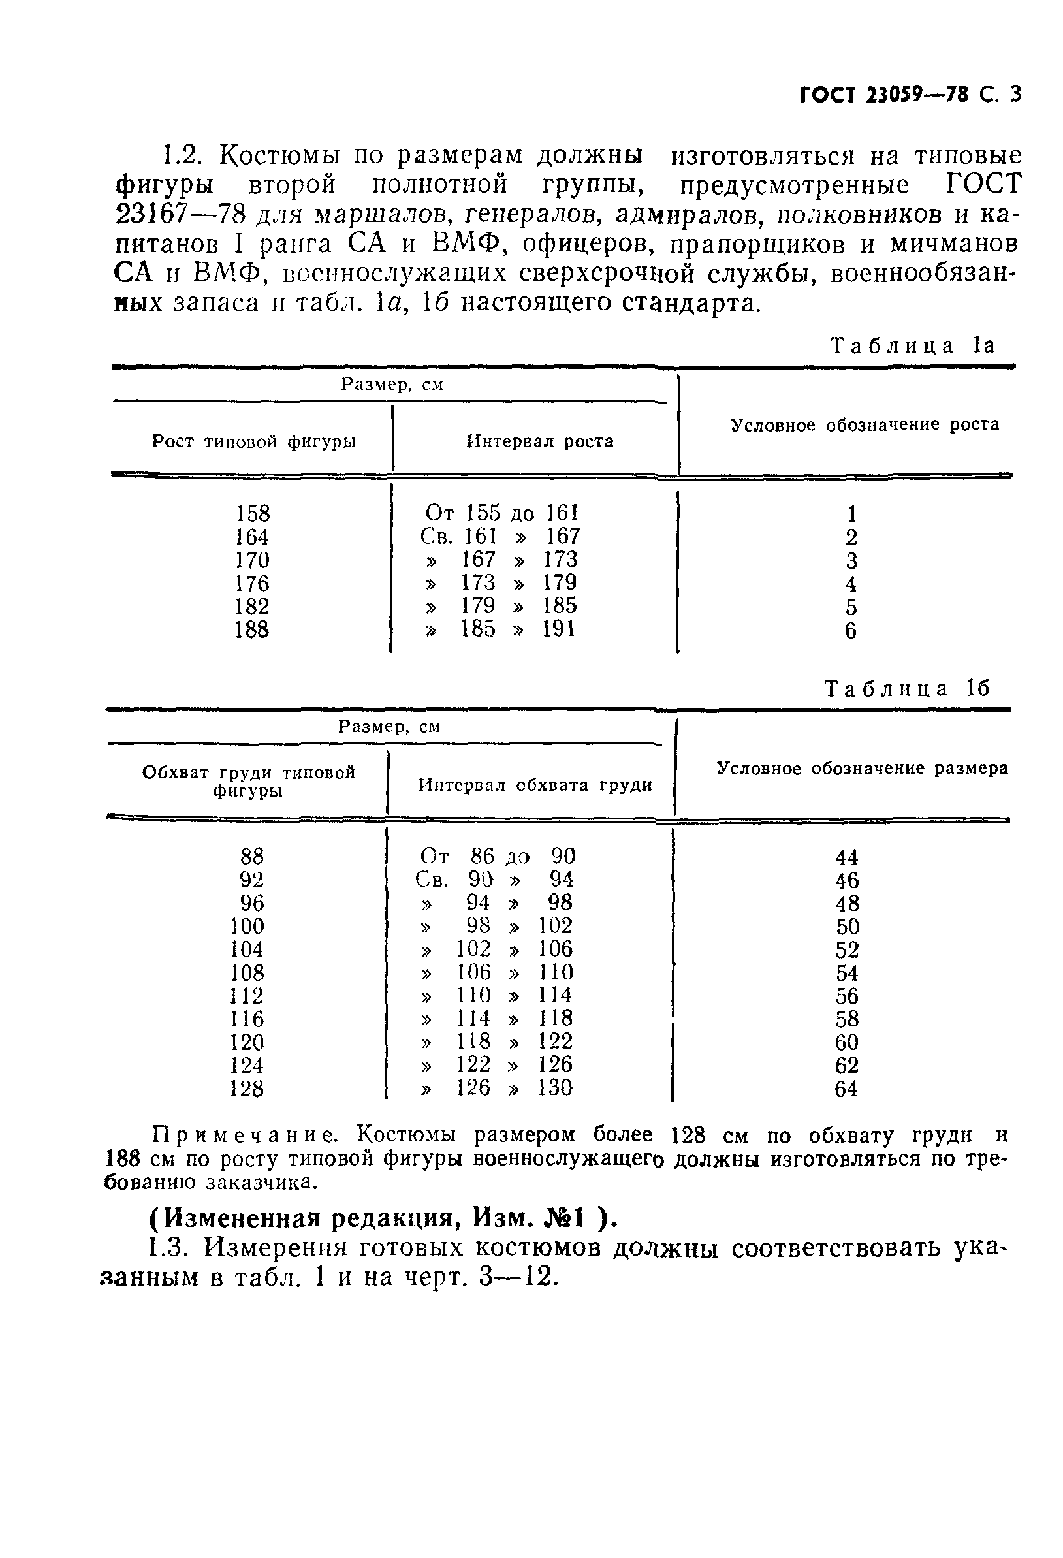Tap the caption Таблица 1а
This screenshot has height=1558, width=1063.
(x=913, y=346)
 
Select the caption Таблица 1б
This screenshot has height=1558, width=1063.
(x=907, y=688)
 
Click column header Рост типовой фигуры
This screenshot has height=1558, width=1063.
(x=254, y=441)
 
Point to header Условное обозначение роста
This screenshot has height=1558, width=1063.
(x=864, y=424)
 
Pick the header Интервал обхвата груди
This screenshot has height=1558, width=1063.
(x=535, y=785)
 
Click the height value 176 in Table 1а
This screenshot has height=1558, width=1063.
(x=252, y=583)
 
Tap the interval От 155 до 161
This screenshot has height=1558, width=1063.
(x=501, y=513)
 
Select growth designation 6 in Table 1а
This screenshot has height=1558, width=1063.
(x=851, y=631)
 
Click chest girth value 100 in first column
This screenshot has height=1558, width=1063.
(x=247, y=927)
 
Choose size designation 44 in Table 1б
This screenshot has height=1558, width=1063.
(x=846, y=857)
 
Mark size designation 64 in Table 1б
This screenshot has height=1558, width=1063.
(x=846, y=1089)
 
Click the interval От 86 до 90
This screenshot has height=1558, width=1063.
(x=498, y=856)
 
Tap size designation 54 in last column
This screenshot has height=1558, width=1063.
(x=846, y=974)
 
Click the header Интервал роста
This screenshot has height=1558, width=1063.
(x=539, y=441)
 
